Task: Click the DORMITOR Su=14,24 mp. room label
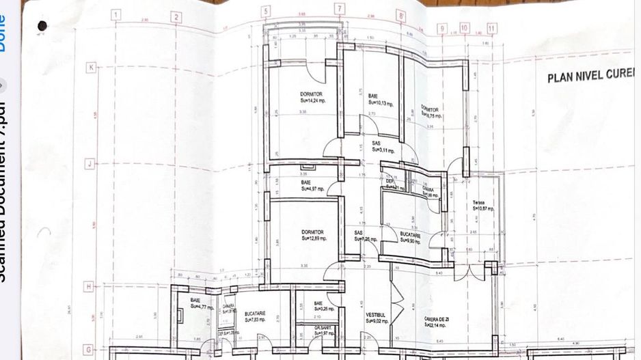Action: pos(312,96)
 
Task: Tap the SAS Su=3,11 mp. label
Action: pos(379,146)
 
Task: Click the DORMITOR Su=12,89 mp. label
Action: pos(314,235)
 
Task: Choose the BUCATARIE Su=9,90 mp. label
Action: pos(411,237)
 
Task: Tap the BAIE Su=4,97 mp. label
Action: pos(313,185)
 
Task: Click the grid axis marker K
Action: pos(90,67)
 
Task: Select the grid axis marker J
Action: pos(89,164)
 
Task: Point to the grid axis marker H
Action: pos(88,287)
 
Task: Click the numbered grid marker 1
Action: pos(115,15)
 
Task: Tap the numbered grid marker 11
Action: pos(492,29)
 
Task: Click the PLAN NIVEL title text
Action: pos(592,75)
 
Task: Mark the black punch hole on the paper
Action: pos(42,26)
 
